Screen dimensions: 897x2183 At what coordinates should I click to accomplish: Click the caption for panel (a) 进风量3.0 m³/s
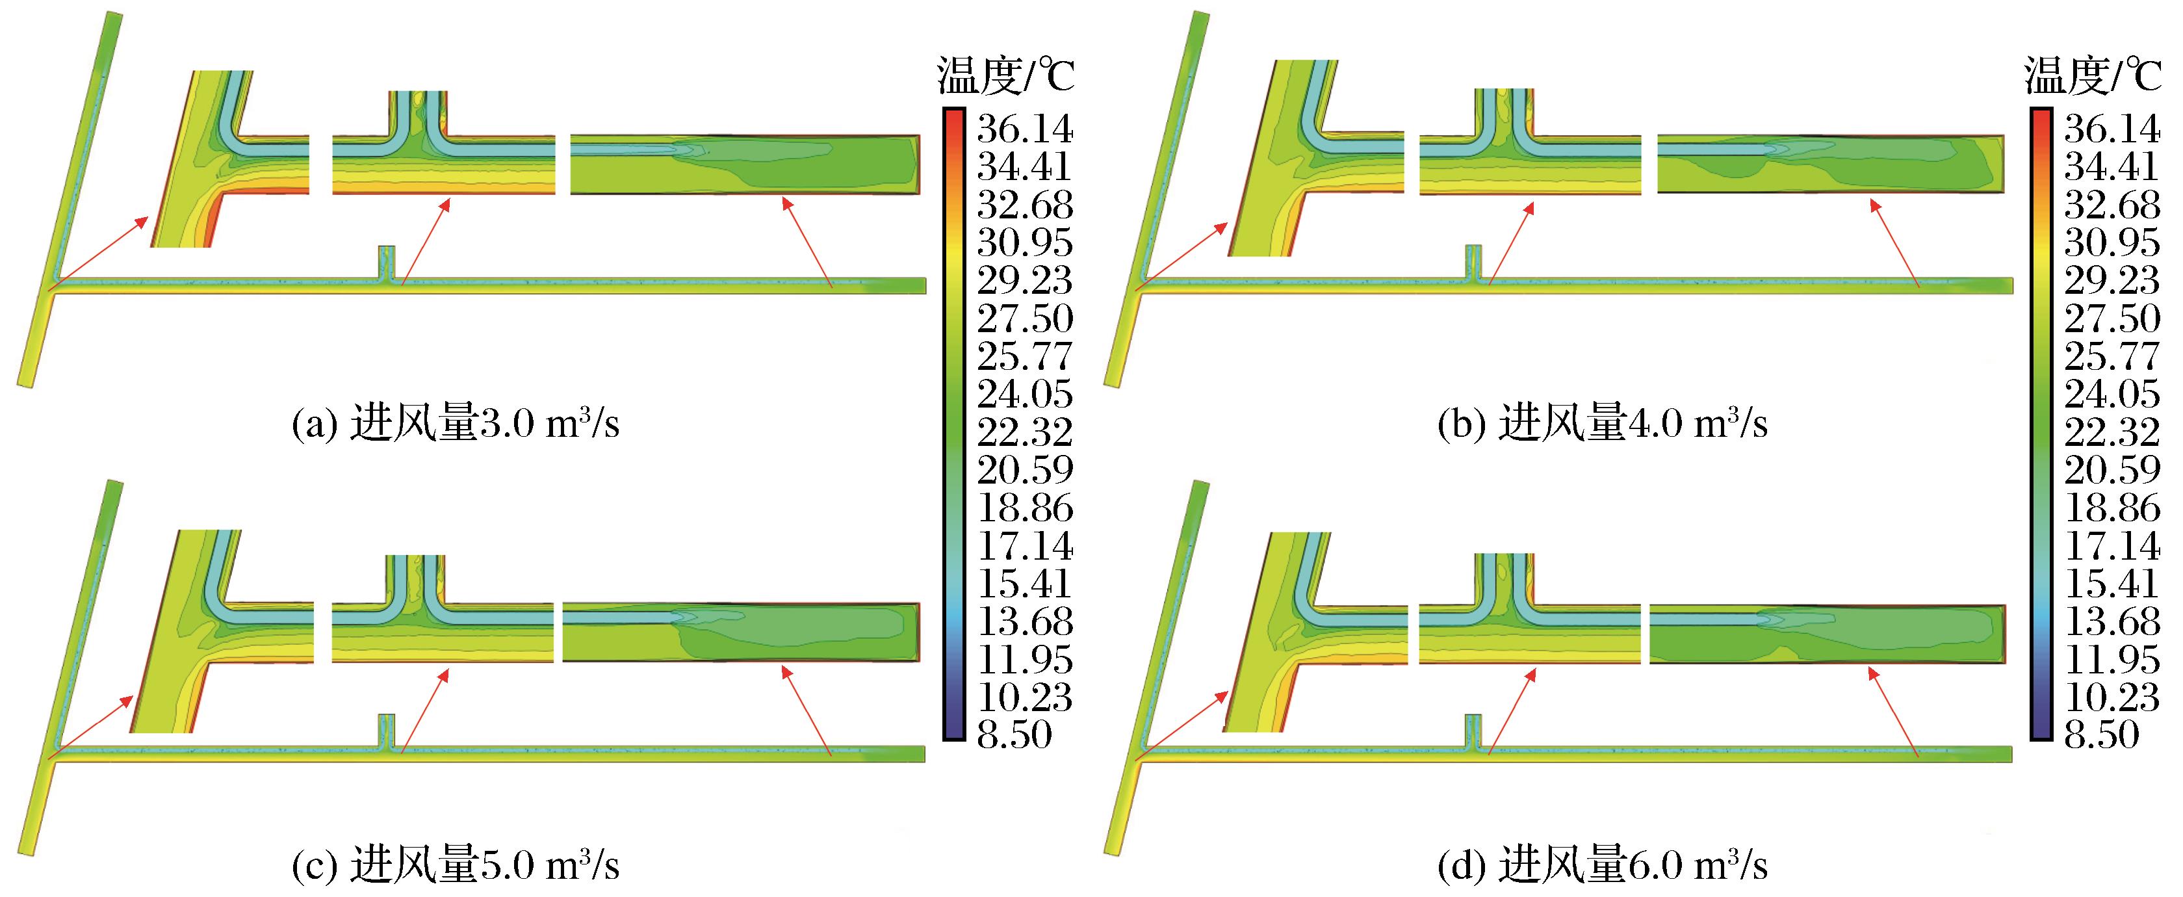click(455, 423)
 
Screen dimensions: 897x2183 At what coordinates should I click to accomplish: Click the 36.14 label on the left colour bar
click(1024, 129)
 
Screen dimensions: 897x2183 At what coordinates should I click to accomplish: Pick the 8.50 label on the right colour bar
click(2101, 734)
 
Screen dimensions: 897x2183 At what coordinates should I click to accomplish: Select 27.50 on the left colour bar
click(1024, 318)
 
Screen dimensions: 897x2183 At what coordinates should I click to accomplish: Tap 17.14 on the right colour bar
click(2111, 546)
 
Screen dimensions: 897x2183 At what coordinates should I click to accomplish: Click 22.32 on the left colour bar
click(1024, 432)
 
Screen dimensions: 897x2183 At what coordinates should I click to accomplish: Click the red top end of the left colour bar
click(954, 119)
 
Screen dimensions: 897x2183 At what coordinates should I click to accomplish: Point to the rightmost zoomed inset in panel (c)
click(742, 632)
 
